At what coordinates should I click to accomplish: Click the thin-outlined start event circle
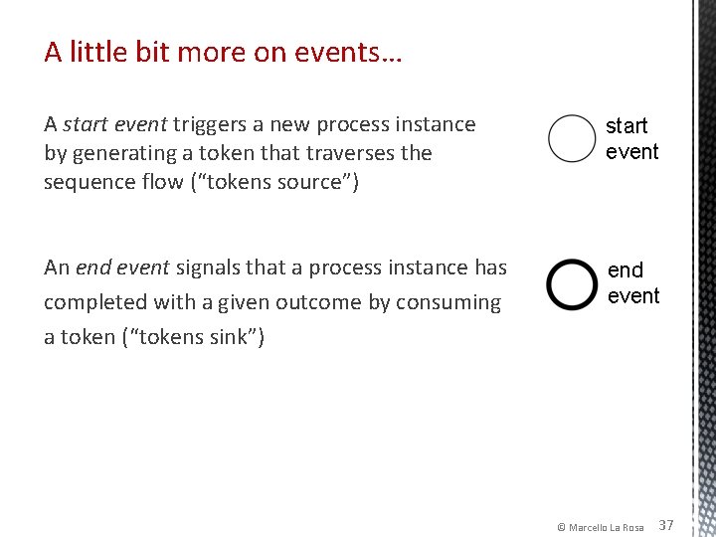(x=572, y=138)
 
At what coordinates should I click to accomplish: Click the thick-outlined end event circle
(x=572, y=284)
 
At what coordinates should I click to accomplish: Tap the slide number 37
(x=666, y=525)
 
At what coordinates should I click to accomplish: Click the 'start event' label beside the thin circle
(x=631, y=138)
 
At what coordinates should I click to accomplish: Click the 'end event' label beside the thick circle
(x=632, y=283)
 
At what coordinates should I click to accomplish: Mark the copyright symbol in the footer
(x=561, y=527)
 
